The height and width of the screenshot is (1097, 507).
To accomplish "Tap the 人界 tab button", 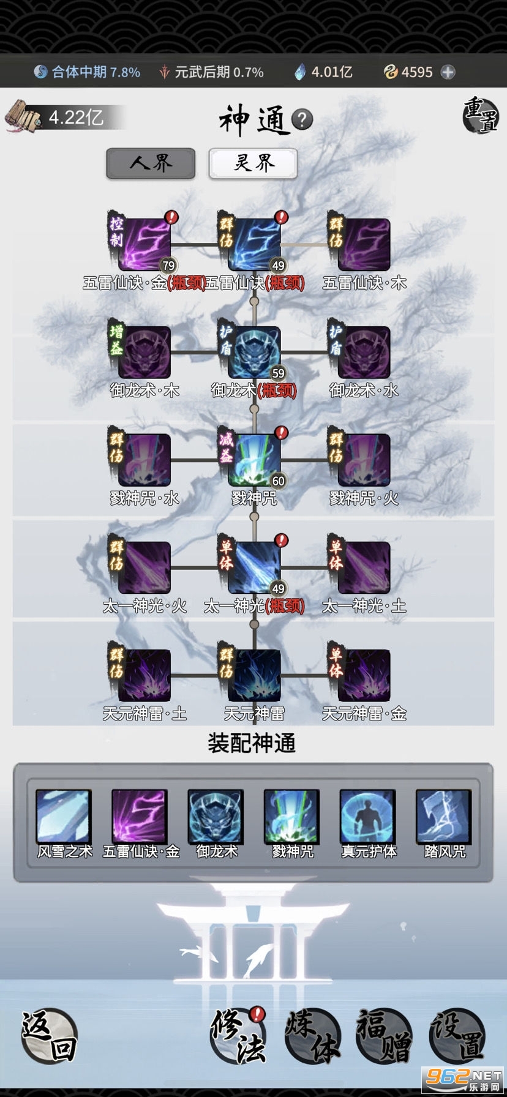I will coord(151,163).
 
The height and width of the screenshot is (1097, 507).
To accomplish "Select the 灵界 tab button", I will coord(254,163).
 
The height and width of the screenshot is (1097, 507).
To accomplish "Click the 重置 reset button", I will coord(480,114).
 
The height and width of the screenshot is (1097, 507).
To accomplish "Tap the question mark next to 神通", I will coord(302,119).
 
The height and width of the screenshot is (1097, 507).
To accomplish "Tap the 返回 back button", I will coord(49,1035).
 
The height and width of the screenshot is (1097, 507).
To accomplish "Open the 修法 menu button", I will coord(238,1035).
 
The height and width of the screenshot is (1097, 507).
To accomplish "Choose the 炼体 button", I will coord(312,1035).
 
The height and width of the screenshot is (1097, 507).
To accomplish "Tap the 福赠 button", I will coord(384,1035).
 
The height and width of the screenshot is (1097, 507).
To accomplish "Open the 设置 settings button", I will coord(457,1035).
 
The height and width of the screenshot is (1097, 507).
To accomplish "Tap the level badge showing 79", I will coord(168,266).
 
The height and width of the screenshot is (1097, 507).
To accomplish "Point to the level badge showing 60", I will coord(279,481).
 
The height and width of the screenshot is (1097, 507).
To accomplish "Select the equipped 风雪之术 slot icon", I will coord(64,817).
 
